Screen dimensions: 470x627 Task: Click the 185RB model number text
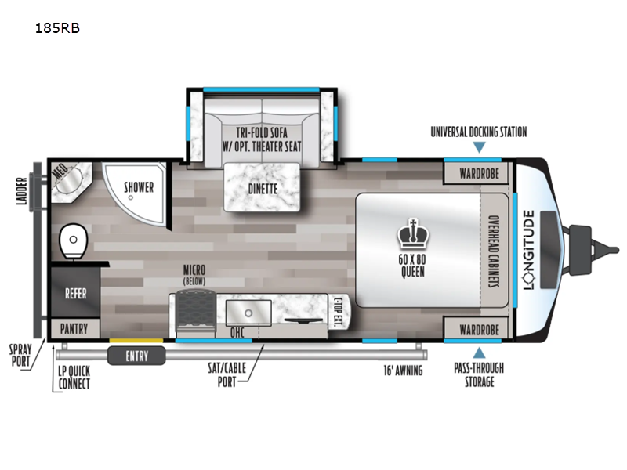[58, 29]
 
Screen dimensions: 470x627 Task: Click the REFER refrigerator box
[75, 294]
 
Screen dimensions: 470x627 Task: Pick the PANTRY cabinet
[75, 328]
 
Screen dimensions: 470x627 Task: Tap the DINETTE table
[262, 188]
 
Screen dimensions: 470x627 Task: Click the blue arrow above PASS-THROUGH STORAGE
[478, 352]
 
